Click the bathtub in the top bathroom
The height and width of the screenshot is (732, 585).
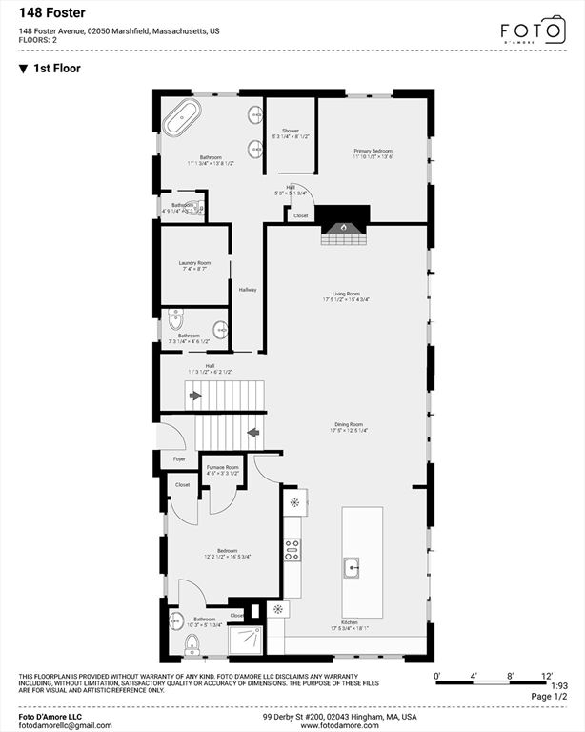tap(182, 118)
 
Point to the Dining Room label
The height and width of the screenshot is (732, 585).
tap(348, 424)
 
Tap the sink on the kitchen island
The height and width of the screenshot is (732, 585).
tap(351, 569)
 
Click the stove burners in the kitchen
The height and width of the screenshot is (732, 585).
tap(292, 548)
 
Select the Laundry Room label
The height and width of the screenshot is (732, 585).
tap(194, 263)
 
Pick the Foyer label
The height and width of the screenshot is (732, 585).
tap(179, 459)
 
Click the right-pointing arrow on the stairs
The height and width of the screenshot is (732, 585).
tap(195, 395)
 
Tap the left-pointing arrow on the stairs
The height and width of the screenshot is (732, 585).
tap(252, 432)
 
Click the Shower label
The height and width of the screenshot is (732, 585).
tap(290, 131)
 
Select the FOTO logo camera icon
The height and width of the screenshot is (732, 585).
tap(554, 29)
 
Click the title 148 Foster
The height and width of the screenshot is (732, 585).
tap(53, 13)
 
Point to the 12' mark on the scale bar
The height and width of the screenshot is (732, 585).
tap(547, 676)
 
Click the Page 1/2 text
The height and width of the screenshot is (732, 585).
tap(547, 697)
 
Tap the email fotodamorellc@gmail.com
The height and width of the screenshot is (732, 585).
tap(66, 725)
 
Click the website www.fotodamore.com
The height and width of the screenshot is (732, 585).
tap(340, 725)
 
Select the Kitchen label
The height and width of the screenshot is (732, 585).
tap(350, 622)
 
